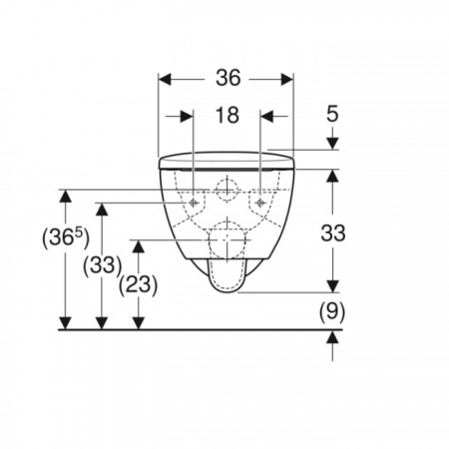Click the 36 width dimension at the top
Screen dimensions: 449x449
pyautogui.click(x=228, y=78)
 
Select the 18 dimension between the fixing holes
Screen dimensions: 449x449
pyautogui.click(x=227, y=115)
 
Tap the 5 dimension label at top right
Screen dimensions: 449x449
pyautogui.click(x=332, y=114)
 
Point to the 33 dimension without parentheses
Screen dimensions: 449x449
pyautogui.click(x=333, y=232)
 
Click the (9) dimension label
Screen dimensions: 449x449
pyautogui.click(x=332, y=312)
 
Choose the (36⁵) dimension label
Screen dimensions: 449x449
pyautogui.click(x=66, y=238)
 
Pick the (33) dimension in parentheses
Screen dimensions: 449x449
pyautogui.click(x=102, y=265)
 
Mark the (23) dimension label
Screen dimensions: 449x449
pyautogui.click(x=138, y=285)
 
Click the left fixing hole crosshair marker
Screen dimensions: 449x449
pyautogui.click(x=194, y=203)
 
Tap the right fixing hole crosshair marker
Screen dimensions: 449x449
pyautogui.click(x=260, y=203)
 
